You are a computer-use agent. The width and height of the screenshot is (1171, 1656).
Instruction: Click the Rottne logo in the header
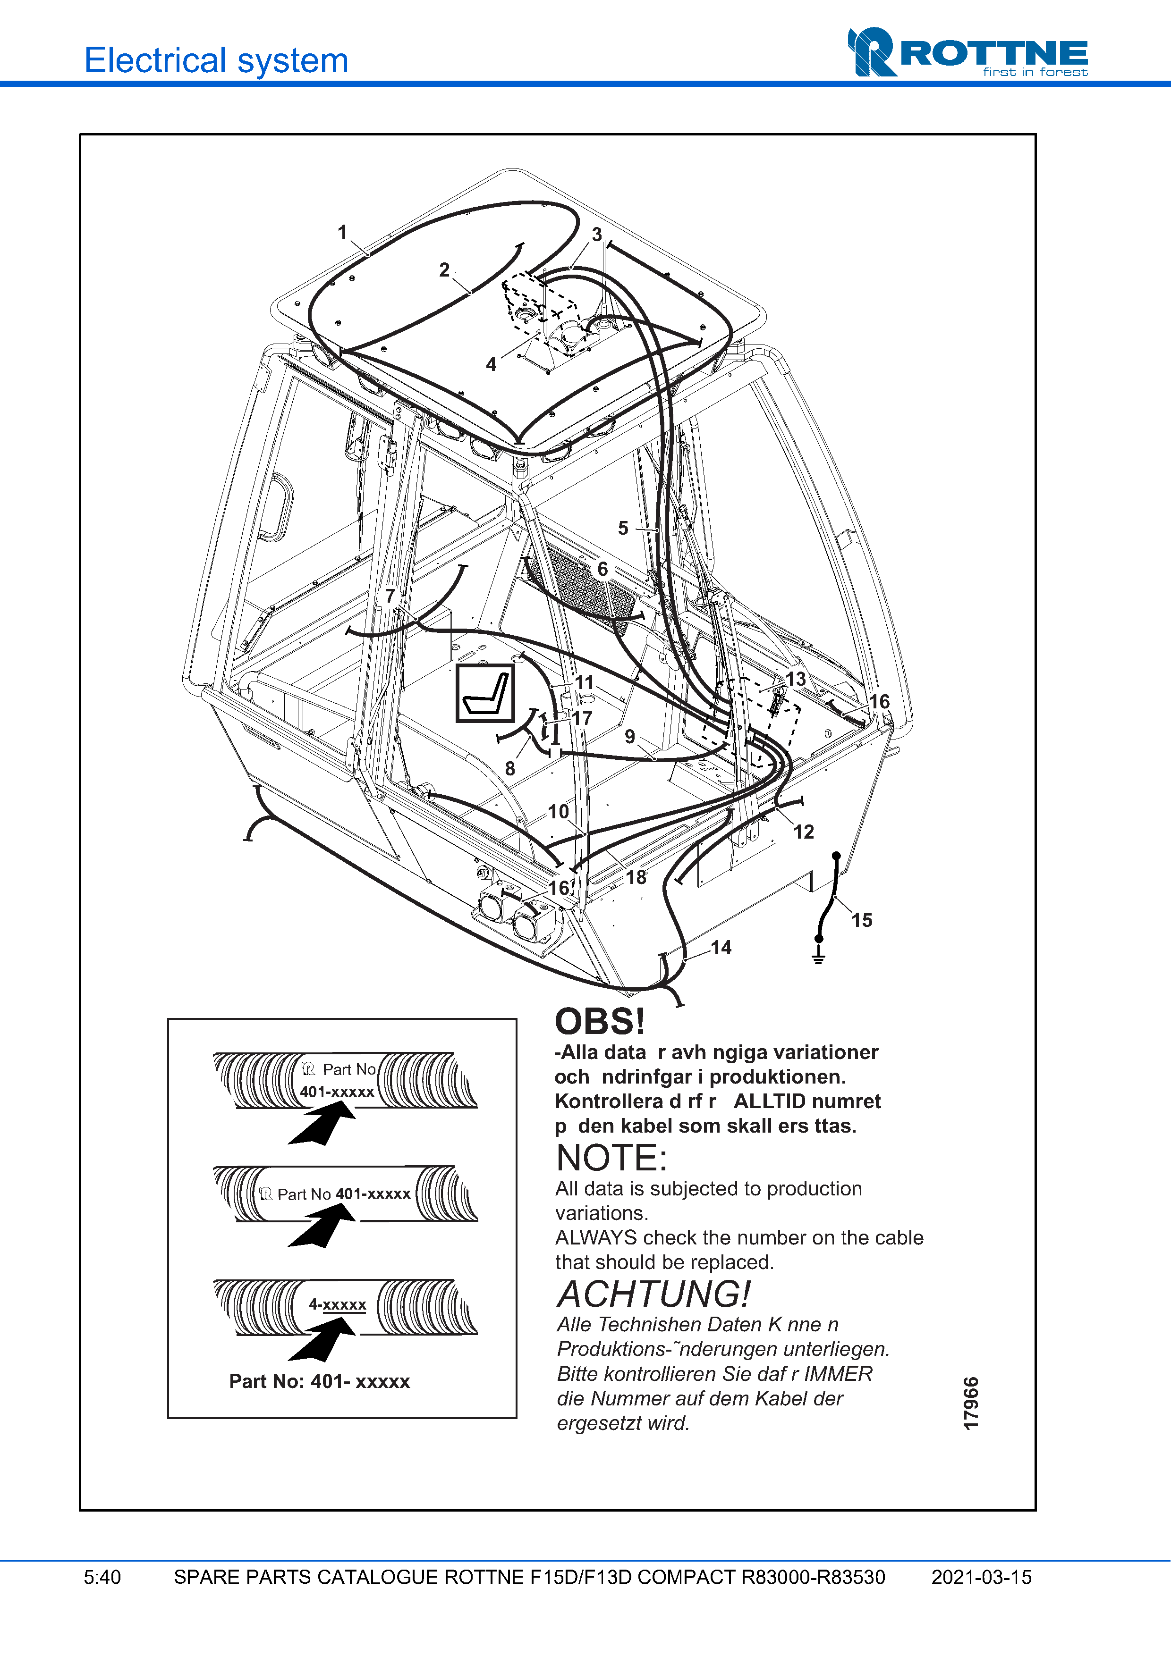tap(967, 52)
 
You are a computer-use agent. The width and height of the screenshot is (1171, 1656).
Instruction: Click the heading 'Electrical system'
tap(216, 60)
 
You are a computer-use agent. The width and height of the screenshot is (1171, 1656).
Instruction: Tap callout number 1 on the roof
tap(343, 232)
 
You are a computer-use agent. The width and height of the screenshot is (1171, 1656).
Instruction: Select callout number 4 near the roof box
tap(492, 364)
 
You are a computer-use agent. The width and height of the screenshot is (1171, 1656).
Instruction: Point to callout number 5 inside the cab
tap(623, 528)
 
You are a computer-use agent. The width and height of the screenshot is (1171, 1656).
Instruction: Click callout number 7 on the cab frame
tap(390, 596)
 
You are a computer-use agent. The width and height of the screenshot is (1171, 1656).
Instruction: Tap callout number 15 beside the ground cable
tap(861, 920)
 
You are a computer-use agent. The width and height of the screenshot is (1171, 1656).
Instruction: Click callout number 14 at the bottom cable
tap(721, 948)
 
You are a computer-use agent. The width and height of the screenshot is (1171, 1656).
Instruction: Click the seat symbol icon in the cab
tap(485, 693)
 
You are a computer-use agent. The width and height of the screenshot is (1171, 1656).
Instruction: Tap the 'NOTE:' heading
tap(611, 1158)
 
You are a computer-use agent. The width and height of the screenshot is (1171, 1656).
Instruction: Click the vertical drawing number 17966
tap(971, 1403)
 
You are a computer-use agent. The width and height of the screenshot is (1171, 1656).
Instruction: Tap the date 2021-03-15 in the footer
tap(981, 1577)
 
